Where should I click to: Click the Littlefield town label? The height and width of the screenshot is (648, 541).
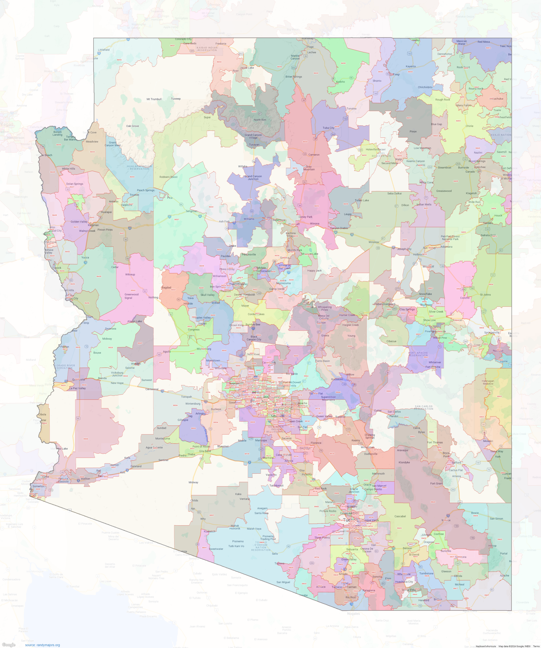click(104, 50)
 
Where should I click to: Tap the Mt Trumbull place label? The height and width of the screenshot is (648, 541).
click(154, 99)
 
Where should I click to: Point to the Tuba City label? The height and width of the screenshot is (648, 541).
click(328, 128)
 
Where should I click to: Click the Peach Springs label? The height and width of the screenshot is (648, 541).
click(145, 190)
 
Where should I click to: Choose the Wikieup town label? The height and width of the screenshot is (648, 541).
click(130, 274)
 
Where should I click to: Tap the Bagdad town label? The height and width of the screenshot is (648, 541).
click(166, 288)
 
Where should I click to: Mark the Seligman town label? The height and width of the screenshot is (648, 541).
click(191, 211)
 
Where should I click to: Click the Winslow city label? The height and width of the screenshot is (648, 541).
click(373, 242)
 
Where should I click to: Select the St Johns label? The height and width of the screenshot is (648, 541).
click(485, 295)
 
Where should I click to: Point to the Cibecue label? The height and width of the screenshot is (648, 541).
click(391, 341)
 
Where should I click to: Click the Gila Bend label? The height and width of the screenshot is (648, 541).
click(205, 451)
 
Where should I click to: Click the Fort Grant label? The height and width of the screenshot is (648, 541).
click(436, 483)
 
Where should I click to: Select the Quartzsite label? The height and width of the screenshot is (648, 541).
click(78, 379)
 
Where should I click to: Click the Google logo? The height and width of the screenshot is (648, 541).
click(8, 645)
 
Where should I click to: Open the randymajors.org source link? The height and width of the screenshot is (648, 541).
click(43, 645)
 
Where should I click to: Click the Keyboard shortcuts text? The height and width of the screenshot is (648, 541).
click(486, 646)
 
